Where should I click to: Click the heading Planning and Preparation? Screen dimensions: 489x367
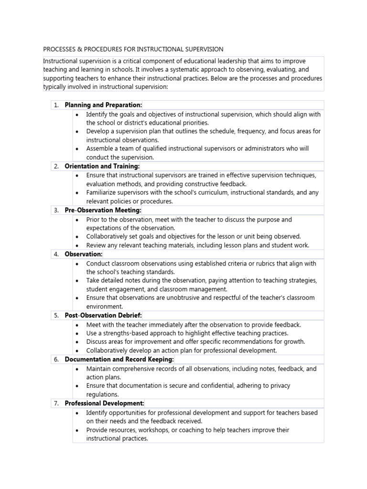(103, 105)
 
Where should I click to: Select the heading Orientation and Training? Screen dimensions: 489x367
(102, 166)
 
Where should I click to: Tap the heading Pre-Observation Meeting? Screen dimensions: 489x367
(103, 210)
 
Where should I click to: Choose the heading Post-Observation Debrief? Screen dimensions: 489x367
(103, 315)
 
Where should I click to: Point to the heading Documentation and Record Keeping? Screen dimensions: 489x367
(119, 359)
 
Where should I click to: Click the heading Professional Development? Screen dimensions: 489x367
(104, 404)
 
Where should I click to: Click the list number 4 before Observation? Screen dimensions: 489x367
(56, 254)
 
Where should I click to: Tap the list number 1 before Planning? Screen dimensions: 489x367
(56, 105)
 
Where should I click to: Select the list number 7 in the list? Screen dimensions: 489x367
(56, 404)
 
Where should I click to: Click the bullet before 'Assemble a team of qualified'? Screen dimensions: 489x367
(77, 149)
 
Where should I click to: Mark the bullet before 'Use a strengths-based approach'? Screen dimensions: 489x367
(77, 333)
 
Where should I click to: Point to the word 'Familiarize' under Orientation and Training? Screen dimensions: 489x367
(102, 192)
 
